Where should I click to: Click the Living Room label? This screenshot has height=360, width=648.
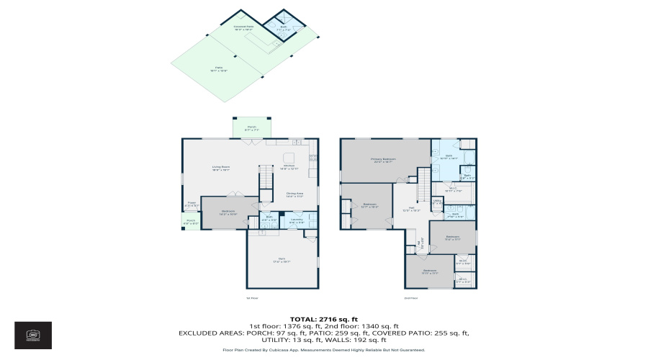[220, 168]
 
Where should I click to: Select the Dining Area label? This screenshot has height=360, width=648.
[294, 193]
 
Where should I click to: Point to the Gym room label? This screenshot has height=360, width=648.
[282, 260]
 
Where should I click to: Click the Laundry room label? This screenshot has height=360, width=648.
[297, 221]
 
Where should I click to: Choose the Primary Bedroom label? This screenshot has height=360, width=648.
[383, 160]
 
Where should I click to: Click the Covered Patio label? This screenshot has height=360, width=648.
[243, 27]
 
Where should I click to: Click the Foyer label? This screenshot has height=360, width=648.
[192, 204]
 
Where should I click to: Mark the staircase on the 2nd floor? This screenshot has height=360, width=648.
[423, 174]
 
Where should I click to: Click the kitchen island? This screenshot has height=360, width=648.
[289, 157]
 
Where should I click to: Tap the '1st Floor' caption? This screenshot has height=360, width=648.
[252, 297]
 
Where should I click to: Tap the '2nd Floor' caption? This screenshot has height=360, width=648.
[411, 297]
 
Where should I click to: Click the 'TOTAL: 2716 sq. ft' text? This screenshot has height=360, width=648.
[323, 318]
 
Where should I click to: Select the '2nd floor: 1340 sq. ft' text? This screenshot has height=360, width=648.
[364, 325]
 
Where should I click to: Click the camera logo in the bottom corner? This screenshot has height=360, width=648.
[32, 335]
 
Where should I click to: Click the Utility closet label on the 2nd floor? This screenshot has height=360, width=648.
[436, 203]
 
